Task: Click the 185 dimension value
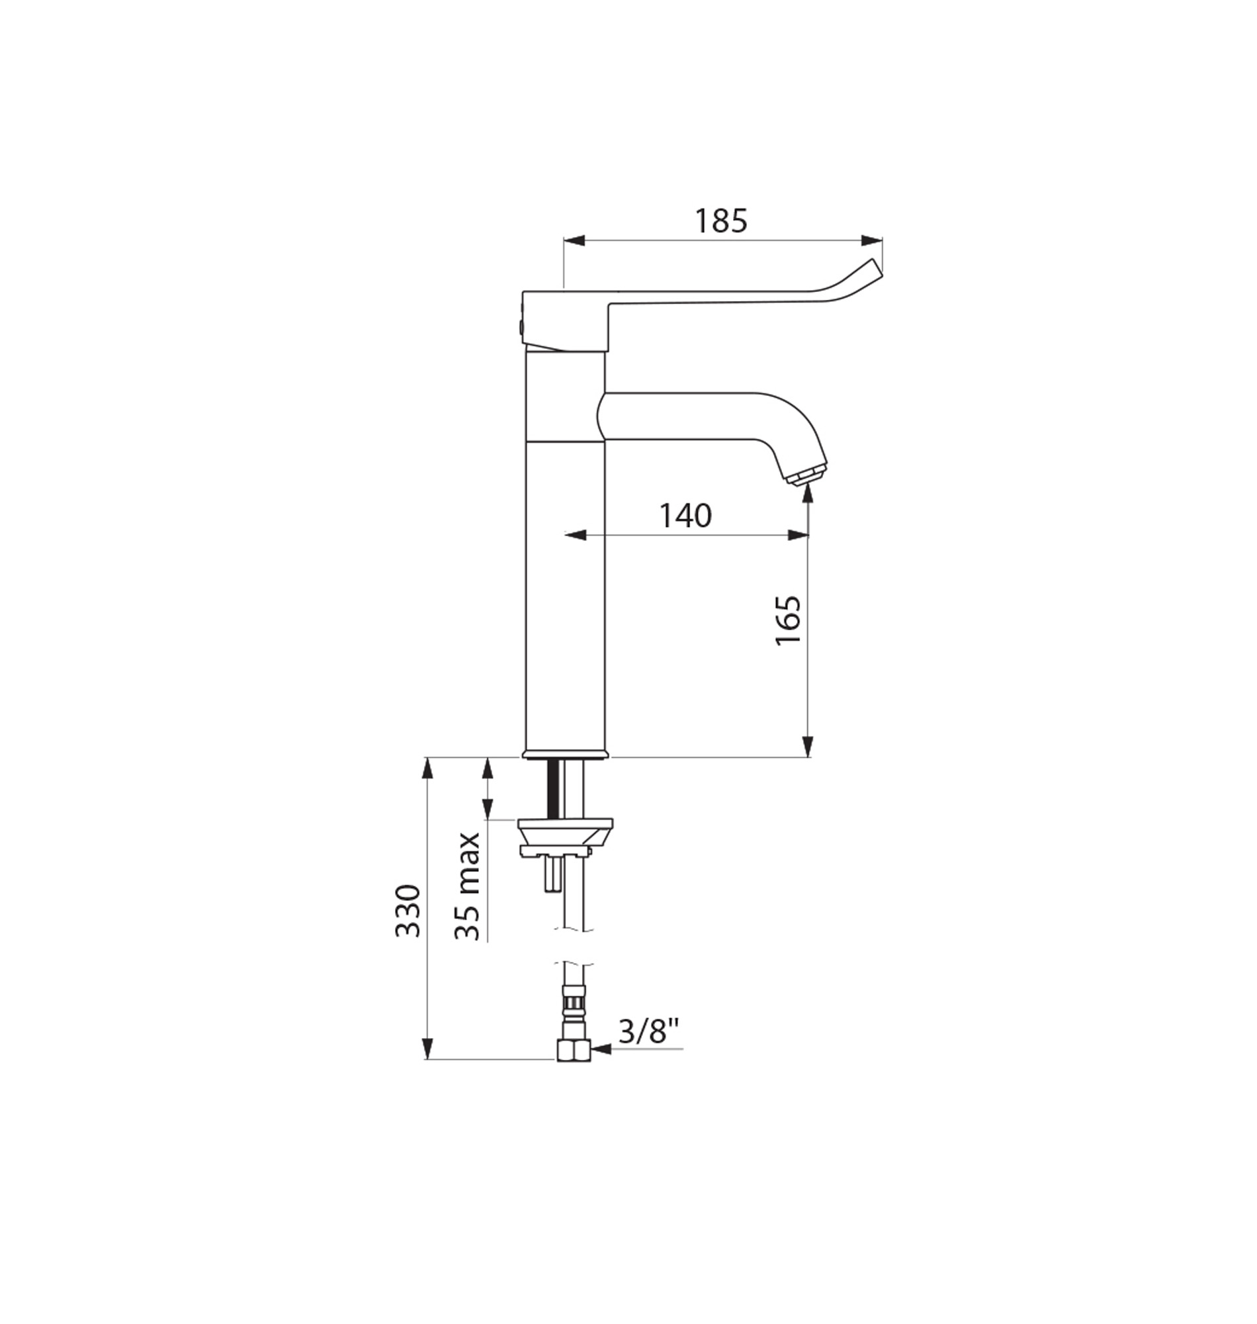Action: coord(720,220)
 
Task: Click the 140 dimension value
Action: coord(685,516)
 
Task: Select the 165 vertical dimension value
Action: coord(789,620)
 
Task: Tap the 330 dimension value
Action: coord(408,910)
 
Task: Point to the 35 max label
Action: coord(467,886)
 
